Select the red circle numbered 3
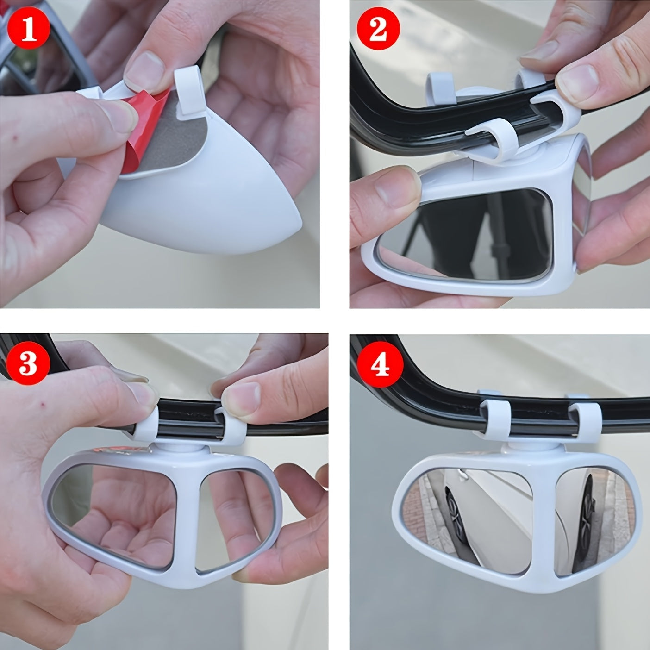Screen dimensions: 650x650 (29, 364)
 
